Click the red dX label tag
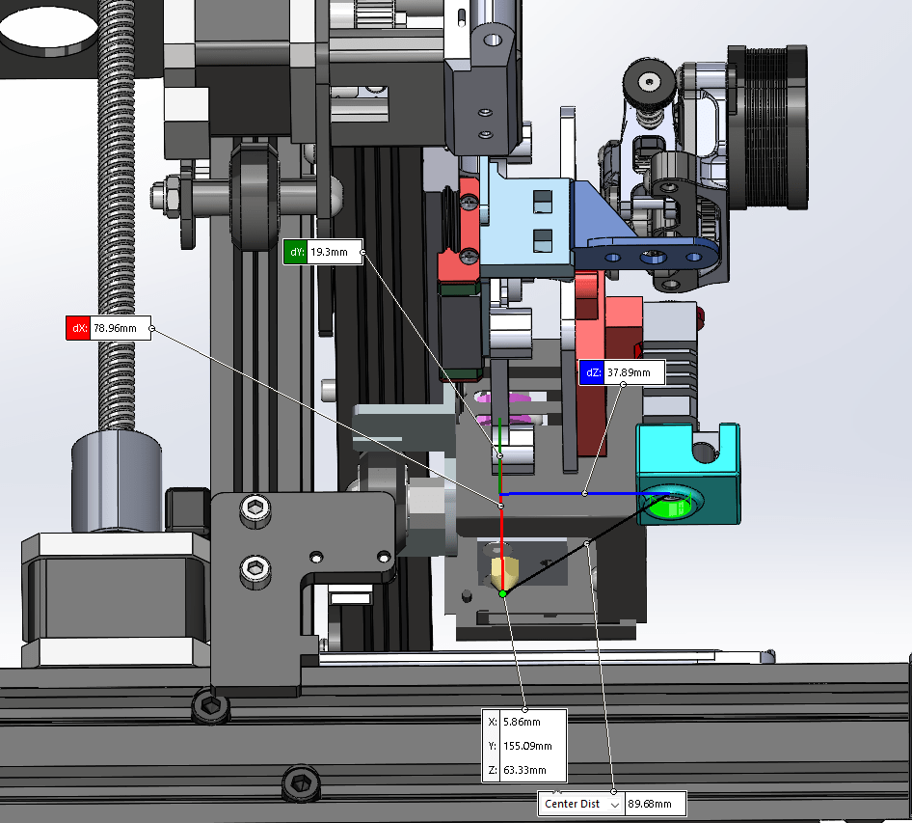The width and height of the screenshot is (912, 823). [x=78, y=328]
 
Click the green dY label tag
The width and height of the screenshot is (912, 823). [x=295, y=252]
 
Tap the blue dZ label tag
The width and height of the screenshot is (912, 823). [x=592, y=372]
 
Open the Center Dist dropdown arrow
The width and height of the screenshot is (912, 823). [x=615, y=805]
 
